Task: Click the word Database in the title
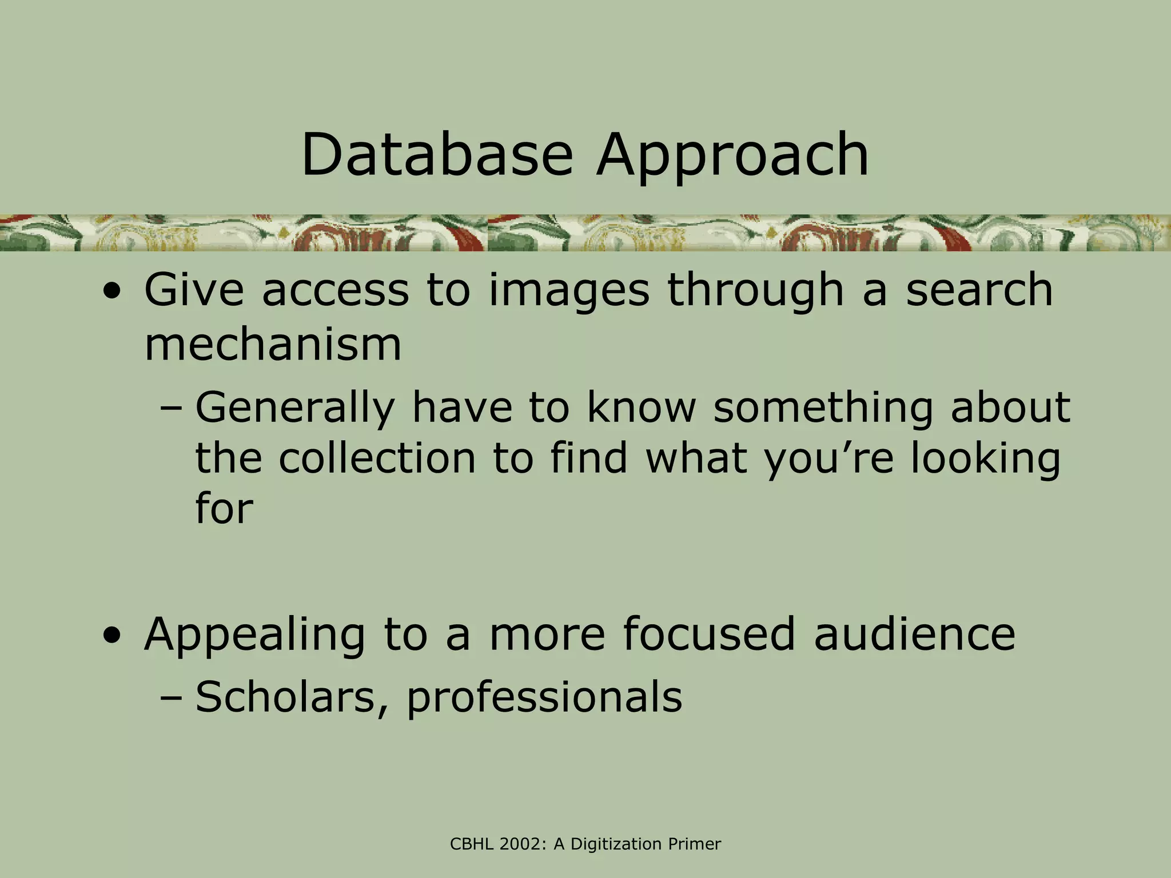coord(437,154)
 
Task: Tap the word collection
coord(378,459)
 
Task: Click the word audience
coord(915,634)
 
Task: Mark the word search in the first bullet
coord(979,290)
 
